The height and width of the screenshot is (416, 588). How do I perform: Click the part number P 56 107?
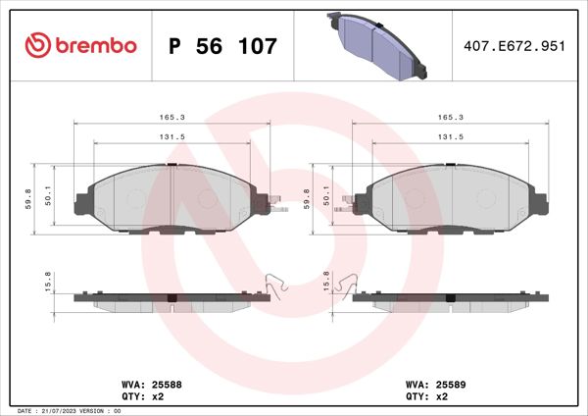tap(223, 46)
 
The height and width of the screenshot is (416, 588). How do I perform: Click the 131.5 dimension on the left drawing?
tap(171, 138)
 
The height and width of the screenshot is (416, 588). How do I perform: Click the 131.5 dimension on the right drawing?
tap(450, 138)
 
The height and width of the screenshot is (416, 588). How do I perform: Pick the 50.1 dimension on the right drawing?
tap(327, 199)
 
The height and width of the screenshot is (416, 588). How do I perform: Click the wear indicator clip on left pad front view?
tap(278, 207)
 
